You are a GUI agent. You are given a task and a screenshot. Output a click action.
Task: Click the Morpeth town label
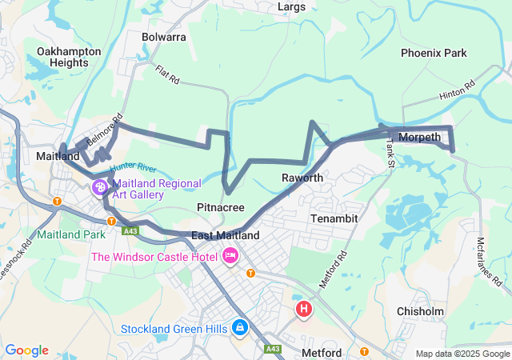pyautogui.click(x=419, y=137)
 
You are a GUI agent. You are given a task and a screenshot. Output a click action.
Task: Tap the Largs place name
pyautogui.click(x=291, y=7)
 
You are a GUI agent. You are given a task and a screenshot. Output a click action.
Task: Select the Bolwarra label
pyautogui.click(x=163, y=37)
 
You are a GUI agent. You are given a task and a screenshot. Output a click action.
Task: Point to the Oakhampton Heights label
pyautogui.click(x=69, y=57)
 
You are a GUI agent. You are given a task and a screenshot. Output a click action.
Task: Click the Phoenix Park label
pyautogui.click(x=434, y=53)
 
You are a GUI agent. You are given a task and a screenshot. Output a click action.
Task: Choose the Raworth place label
pyautogui.click(x=302, y=178)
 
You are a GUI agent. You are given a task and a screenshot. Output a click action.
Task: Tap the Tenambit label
pyautogui.click(x=334, y=218)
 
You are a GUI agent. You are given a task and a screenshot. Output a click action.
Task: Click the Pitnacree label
pyautogui.click(x=221, y=207)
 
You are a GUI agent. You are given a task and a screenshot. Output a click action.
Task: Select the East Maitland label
pyautogui.click(x=226, y=236)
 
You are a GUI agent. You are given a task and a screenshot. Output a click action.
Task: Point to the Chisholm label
pyautogui.click(x=420, y=311)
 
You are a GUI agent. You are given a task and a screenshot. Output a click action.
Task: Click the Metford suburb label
pyautogui.click(x=322, y=353)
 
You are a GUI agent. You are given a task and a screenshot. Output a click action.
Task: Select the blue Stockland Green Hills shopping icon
pyautogui.click(x=239, y=328)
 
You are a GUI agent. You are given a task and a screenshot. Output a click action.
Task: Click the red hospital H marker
pyautogui.click(x=303, y=308)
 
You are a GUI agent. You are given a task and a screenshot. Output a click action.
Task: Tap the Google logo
pyautogui.click(x=26, y=350)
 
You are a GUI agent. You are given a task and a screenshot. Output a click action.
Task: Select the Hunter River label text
pyautogui.click(x=133, y=166)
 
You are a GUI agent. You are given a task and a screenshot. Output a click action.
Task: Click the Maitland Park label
pyautogui.click(x=70, y=235)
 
